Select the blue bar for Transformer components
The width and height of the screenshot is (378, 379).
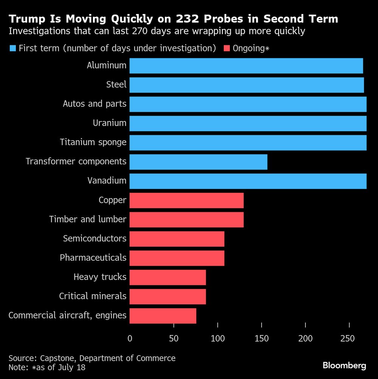click(198, 162)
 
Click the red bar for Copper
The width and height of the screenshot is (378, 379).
click(186, 200)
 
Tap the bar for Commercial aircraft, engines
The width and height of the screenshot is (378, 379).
click(163, 316)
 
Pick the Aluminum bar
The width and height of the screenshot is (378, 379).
click(246, 66)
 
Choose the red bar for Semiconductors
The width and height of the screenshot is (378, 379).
click(177, 239)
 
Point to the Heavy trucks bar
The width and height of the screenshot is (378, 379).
click(167, 277)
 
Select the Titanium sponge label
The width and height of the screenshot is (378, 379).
click(93, 142)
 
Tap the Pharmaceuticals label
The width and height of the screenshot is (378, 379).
click(93, 258)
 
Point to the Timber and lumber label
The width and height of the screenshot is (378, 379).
click(88, 219)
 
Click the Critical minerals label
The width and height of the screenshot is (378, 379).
click(93, 296)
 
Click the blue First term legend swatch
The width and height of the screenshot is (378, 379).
click(12, 48)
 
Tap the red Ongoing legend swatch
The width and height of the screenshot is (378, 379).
click(227, 48)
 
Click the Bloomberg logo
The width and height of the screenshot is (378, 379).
click(344, 365)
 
